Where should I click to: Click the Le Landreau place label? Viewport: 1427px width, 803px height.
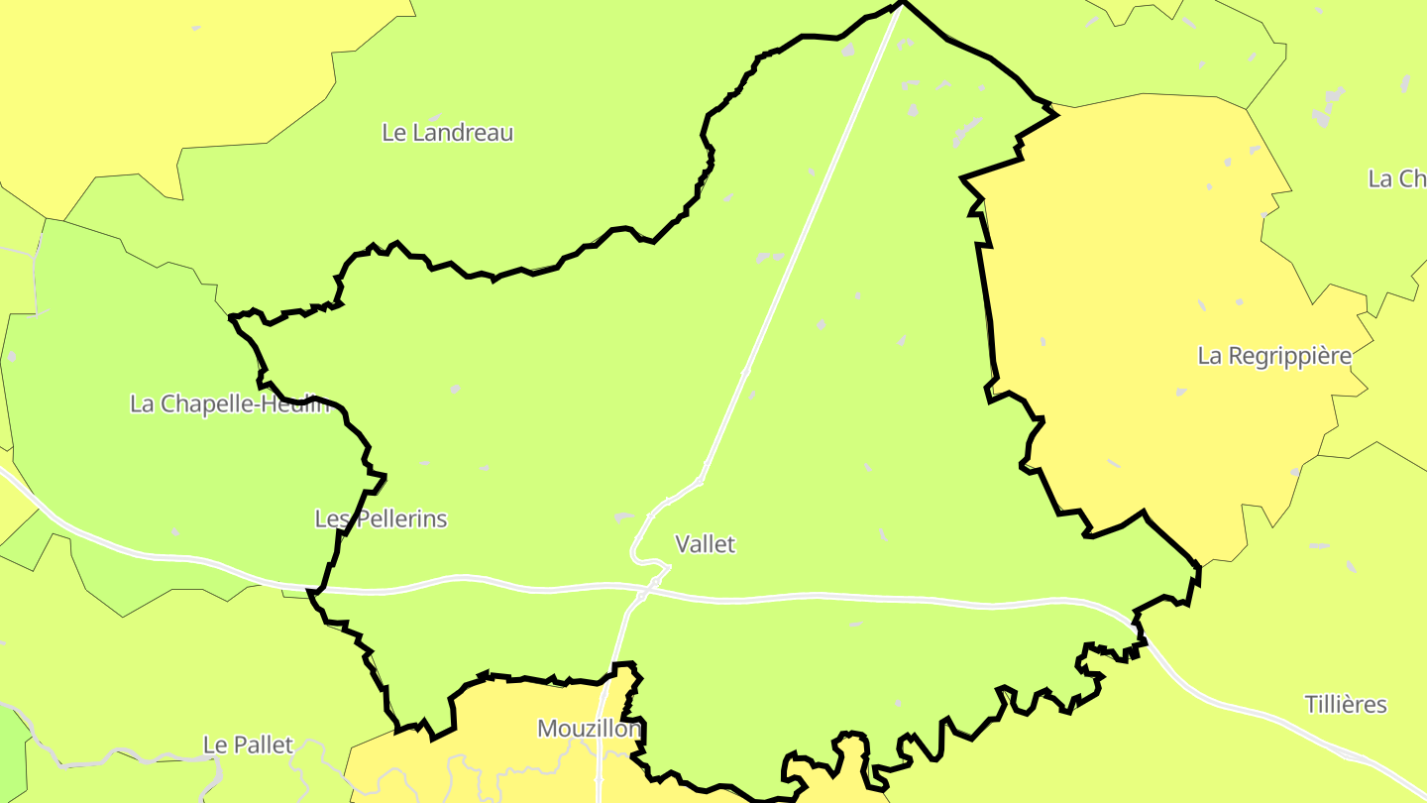[448, 132]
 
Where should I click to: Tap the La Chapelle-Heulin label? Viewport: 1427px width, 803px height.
[229, 403]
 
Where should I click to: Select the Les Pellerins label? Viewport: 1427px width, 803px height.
[381, 518]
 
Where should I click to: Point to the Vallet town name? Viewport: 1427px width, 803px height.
[705, 544]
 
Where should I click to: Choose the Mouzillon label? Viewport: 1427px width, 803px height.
[589, 729]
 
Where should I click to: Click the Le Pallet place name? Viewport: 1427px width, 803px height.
[248, 745]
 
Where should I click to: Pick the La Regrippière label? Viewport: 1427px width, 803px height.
[1274, 356]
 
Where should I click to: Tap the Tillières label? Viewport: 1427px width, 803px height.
[1345, 705]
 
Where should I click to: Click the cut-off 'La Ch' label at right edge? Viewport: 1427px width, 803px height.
[1396, 178]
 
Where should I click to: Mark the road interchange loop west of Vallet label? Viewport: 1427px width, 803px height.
[644, 555]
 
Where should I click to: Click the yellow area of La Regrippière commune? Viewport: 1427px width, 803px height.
[1140, 297]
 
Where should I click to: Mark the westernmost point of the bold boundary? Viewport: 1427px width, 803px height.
[231, 318]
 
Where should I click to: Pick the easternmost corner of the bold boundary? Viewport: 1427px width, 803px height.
[1199, 567]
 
